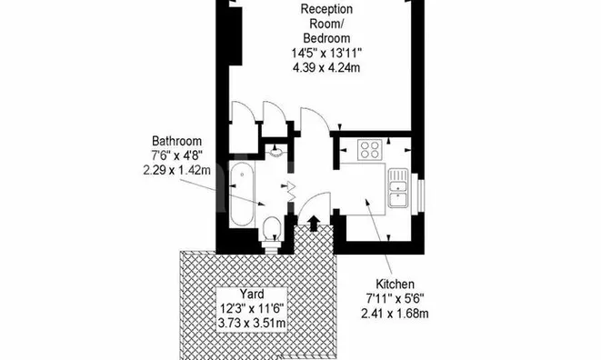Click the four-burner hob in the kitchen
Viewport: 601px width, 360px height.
point(370,149)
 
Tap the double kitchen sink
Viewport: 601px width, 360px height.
point(398,187)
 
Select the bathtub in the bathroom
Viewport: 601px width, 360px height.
point(242,194)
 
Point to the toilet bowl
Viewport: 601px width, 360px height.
point(273,226)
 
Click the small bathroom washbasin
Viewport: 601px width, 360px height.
point(276,151)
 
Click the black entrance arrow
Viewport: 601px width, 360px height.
point(314,223)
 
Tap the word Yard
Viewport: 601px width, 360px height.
point(252,294)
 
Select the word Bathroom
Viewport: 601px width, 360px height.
point(176,141)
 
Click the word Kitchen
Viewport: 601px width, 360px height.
point(395,284)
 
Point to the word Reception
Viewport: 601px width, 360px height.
point(326,9)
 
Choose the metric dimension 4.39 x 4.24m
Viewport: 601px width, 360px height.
point(326,68)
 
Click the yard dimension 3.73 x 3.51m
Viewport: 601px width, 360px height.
point(252,324)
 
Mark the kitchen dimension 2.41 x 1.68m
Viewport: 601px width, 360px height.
point(395,314)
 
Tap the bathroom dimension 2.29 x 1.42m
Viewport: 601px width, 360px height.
point(176,170)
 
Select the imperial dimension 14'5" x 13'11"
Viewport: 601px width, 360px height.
point(326,53)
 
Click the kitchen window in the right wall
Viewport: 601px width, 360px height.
point(421,191)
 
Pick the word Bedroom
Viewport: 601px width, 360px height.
point(326,38)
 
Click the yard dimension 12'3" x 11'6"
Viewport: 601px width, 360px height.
point(252,308)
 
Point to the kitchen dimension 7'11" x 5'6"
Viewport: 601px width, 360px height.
point(395,299)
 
